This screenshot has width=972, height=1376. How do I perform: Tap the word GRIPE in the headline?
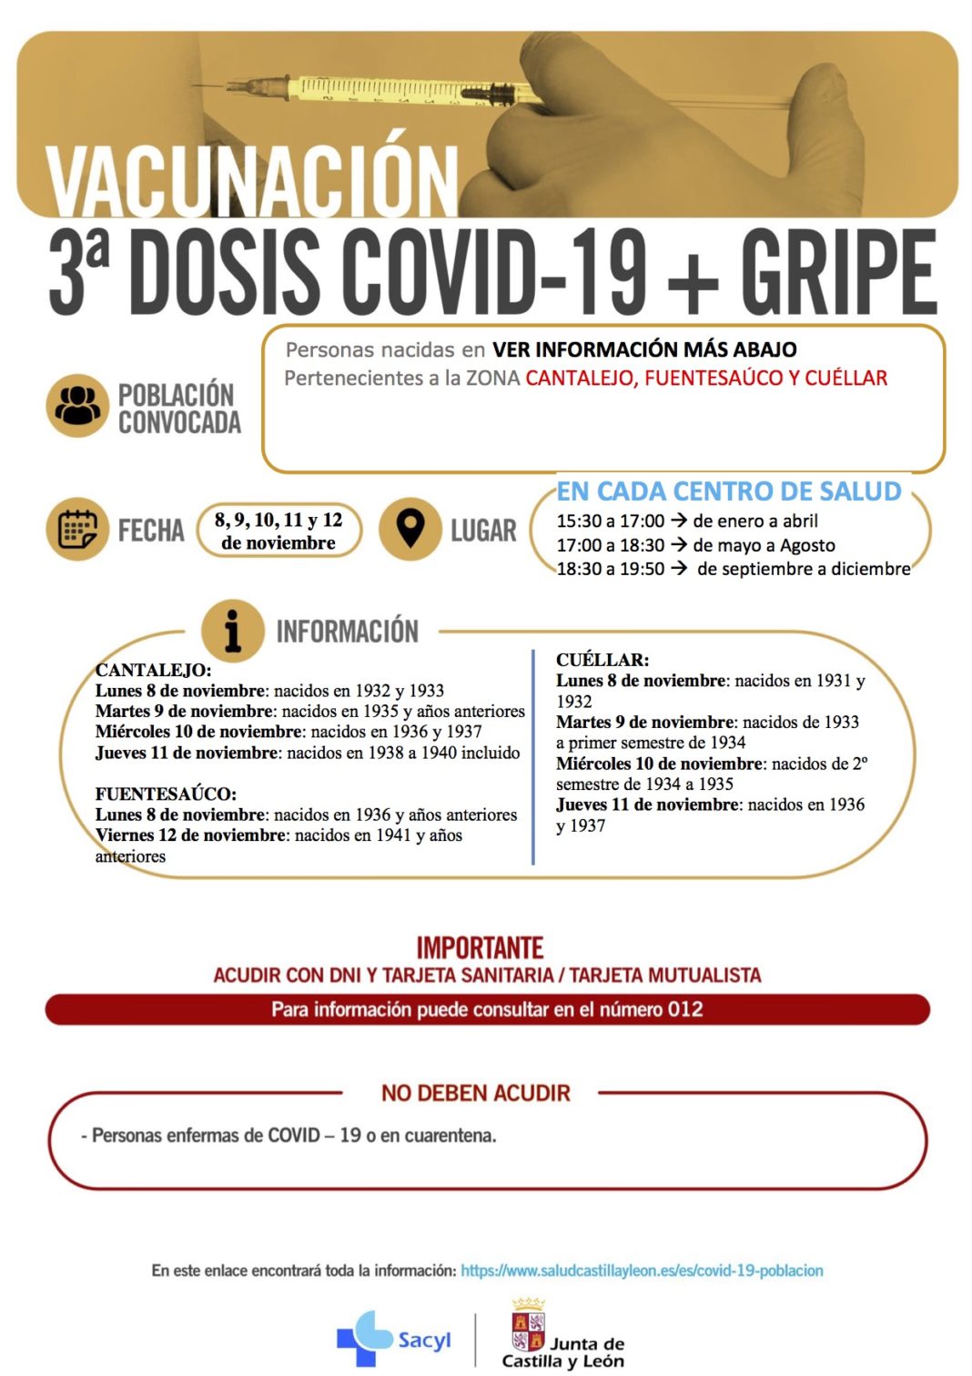pos(837,274)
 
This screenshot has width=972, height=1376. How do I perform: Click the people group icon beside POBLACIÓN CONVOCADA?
pos(77,406)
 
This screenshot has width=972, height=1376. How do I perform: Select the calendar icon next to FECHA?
pos(77,529)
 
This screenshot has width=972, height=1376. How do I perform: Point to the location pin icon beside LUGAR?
pos(410,529)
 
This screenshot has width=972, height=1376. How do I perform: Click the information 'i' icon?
pos(233,630)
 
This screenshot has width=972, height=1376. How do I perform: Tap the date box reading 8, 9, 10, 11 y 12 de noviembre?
pos(278,531)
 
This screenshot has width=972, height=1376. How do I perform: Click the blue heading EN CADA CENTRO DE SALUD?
pos(729,491)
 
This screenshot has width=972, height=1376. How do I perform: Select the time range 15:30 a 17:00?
pos(611,521)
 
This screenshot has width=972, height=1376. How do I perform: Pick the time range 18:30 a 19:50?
pos(611,570)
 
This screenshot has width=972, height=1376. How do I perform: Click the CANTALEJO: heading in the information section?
pos(153,670)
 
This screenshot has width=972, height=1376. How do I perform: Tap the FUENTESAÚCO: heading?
pos(166,794)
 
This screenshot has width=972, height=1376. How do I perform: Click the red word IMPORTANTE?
pos(480,948)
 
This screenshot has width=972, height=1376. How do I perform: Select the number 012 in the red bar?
pos(685,1009)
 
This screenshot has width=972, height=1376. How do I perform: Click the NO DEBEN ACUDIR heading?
pos(476,1093)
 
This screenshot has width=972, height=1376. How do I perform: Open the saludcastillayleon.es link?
pos(642,1270)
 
